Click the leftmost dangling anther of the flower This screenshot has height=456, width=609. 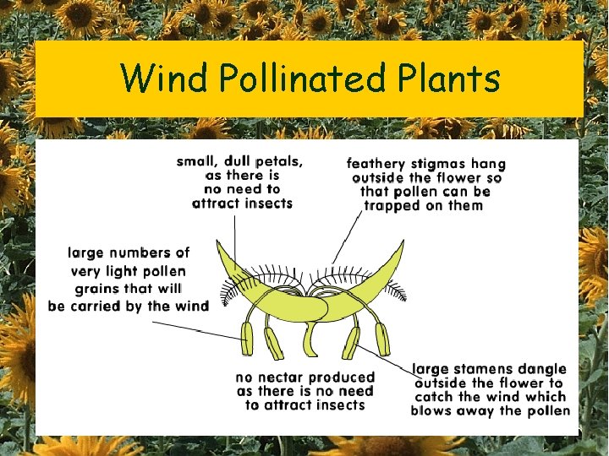coord(247,339)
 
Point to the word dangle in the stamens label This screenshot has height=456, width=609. coord(546,369)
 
